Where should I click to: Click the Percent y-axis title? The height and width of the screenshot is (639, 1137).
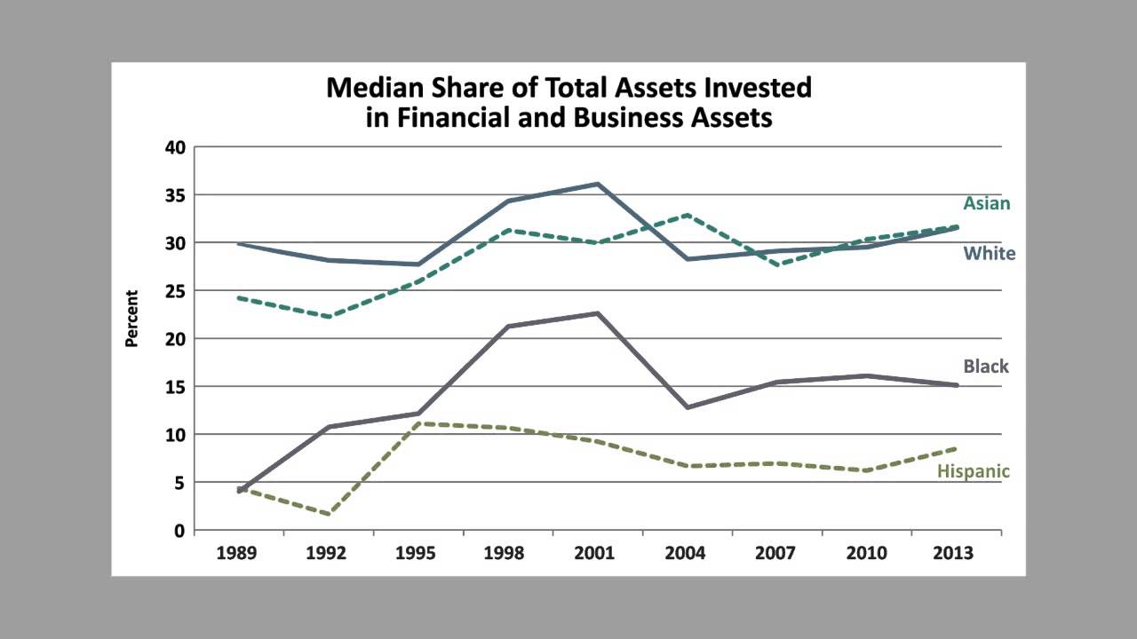(x=131, y=318)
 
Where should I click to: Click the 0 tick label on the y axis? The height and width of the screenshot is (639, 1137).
(x=179, y=531)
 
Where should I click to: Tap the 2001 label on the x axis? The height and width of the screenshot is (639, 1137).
(x=594, y=553)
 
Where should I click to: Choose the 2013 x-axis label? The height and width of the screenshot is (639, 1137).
(x=954, y=553)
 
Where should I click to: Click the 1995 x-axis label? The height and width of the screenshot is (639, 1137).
(x=415, y=553)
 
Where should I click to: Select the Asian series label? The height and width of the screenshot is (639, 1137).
(x=986, y=203)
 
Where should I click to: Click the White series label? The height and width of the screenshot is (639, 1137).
(x=989, y=254)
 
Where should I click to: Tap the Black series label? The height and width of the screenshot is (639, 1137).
(x=986, y=367)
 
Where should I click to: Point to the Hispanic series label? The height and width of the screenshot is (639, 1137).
(x=973, y=471)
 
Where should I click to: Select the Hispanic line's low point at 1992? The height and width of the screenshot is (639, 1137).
(x=330, y=514)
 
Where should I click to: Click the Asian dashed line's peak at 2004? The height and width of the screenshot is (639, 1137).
(x=687, y=215)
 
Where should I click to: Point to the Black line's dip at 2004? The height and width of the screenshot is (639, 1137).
(x=687, y=407)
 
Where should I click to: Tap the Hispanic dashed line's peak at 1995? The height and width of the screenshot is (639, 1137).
(x=417, y=423)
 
